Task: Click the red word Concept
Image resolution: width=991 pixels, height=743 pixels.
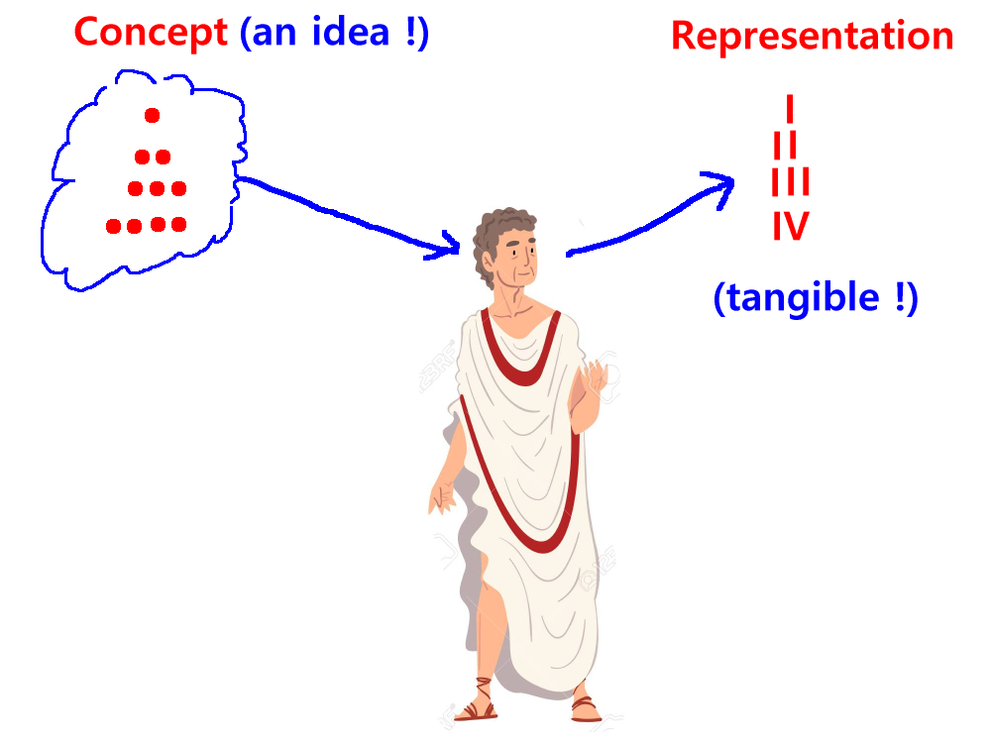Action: [x=151, y=33]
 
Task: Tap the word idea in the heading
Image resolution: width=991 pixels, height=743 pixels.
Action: [x=351, y=32]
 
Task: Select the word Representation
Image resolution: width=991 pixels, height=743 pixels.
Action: [x=813, y=36]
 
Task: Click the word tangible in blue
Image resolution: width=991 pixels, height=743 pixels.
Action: [x=804, y=297]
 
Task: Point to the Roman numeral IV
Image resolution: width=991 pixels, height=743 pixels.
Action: [x=791, y=226]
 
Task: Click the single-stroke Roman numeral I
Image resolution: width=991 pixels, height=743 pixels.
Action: [x=790, y=109]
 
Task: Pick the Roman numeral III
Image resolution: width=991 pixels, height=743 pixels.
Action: [x=790, y=181]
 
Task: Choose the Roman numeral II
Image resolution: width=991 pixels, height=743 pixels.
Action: [x=785, y=145]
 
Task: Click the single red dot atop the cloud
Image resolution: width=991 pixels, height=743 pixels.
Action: [x=152, y=115]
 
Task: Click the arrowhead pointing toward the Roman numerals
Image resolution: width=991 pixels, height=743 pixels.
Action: [x=720, y=187]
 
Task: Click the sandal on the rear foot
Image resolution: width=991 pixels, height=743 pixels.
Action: [x=586, y=706]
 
